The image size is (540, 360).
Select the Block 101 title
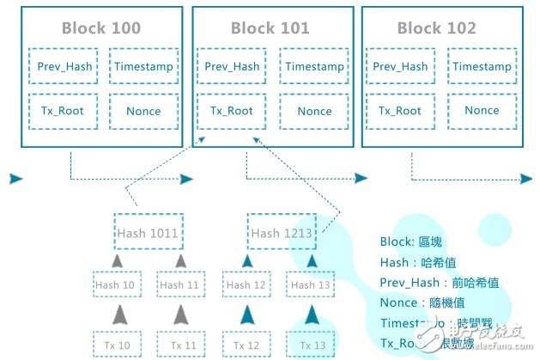[x=270, y=28]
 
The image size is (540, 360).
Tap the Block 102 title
[x=436, y=28]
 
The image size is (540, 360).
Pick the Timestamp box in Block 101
[x=314, y=66]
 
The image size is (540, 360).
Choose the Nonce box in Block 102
[x=482, y=110]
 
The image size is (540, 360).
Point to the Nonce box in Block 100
[x=143, y=111]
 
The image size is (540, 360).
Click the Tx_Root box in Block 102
[x=400, y=110]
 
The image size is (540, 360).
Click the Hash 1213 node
[x=282, y=232]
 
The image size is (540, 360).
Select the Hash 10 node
[x=117, y=284]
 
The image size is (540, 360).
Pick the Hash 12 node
[x=246, y=284]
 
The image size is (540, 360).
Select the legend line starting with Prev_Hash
[x=439, y=282]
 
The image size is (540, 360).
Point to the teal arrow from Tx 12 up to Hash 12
[x=246, y=314]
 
